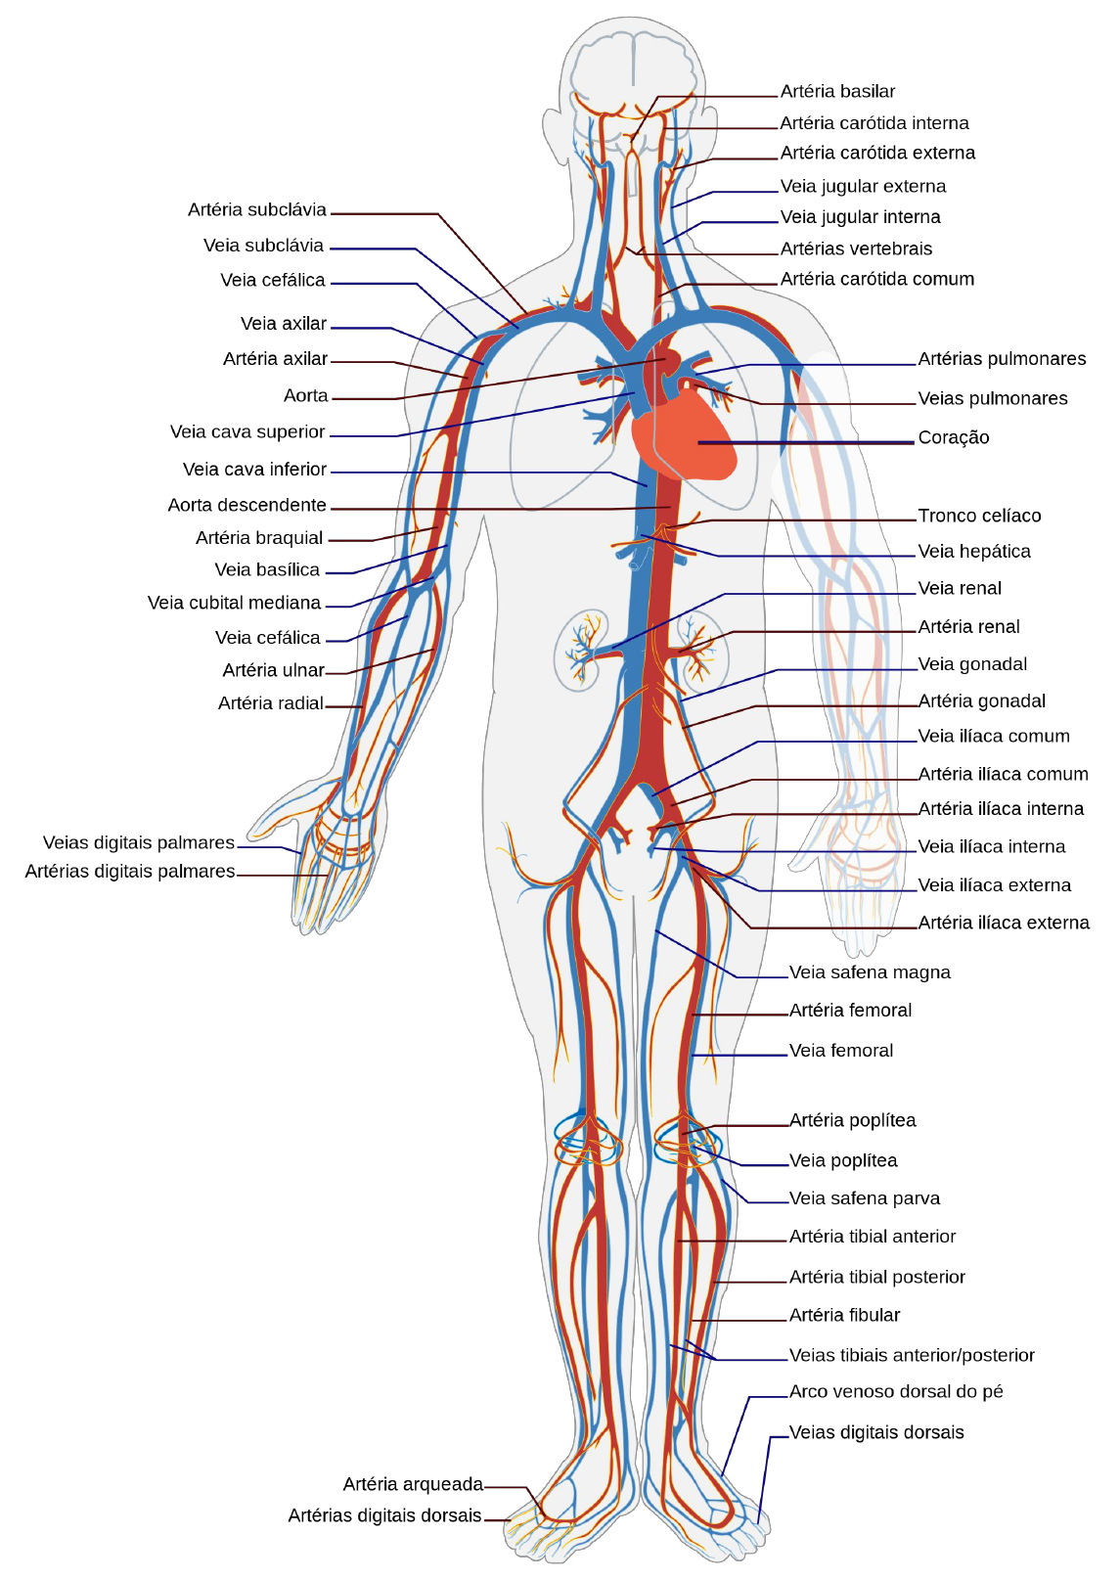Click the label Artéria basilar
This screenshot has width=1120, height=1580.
[x=837, y=92]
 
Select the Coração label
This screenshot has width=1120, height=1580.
[x=953, y=438]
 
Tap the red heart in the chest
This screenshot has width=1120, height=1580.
[x=685, y=440]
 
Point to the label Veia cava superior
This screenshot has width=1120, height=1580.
[x=247, y=432]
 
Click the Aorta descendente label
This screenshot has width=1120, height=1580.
[x=247, y=506]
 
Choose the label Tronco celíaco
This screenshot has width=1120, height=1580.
[x=979, y=517]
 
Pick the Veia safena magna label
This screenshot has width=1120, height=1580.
[x=870, y=972]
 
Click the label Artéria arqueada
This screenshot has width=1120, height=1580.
[x=413, y=1485]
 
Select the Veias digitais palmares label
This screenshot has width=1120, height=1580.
[x=139, y=843]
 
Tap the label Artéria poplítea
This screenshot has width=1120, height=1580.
[x=853, y=1121]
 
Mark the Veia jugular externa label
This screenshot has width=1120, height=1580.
[x=863, y=187]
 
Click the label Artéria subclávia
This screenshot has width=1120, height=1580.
[x=257, y=210]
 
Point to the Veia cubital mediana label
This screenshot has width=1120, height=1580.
[x=235, y=604]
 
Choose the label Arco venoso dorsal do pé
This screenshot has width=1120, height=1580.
[x=896, y=1392]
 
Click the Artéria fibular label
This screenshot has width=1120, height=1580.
[x=844, y=1316]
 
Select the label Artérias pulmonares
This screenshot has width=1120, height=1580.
[x=1002, y=359]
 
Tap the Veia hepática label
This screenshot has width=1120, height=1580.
[x=974, y=552]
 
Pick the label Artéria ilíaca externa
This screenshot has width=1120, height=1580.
[x=1004, y=924]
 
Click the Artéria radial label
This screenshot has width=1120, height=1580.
[x=271, y=703]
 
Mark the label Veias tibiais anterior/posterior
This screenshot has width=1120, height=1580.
[x=912, y=1356]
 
